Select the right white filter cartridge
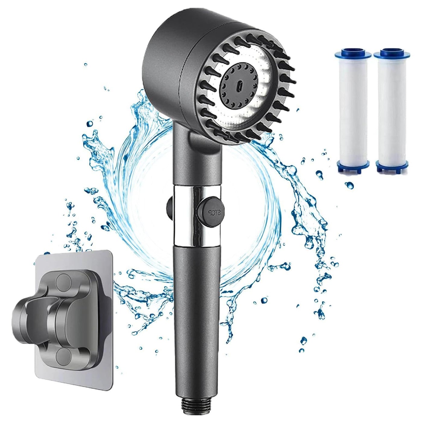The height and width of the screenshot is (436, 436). pyautogui.click(x=389, y=112)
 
